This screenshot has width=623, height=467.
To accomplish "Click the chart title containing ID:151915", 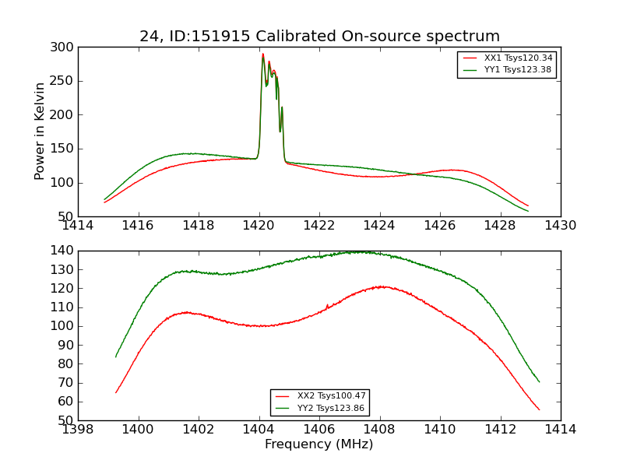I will point(319,37).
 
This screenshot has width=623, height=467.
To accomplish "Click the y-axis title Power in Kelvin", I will point(40,132).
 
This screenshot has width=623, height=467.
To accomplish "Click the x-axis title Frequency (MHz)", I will point(319,444).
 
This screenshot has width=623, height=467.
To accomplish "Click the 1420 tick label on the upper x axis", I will point(259,226).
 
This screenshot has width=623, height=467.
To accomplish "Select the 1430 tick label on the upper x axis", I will point(560,226).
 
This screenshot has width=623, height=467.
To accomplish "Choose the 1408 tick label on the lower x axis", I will point(379,430).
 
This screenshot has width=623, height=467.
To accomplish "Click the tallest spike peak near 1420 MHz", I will point(263,54).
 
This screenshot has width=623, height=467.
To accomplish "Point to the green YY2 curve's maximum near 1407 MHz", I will point(360,251).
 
